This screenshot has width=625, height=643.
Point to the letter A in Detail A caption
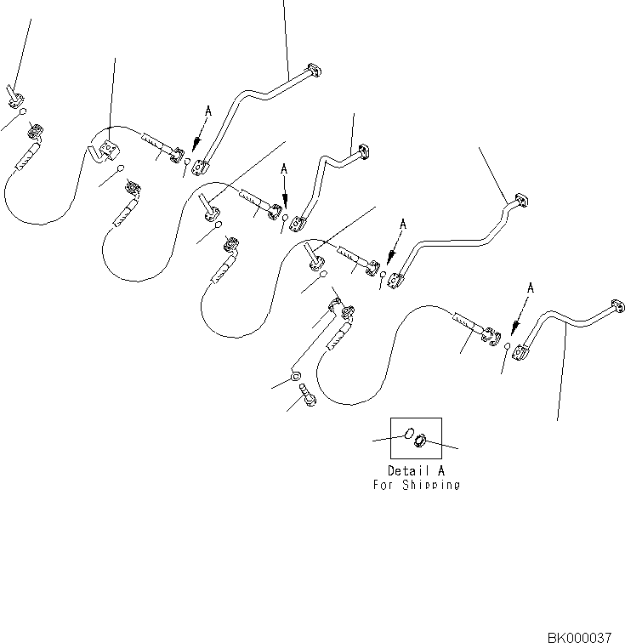440,470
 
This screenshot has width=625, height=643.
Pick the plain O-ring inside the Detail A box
407,435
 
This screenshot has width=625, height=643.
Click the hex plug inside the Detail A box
419,441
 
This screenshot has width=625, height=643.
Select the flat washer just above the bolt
293,376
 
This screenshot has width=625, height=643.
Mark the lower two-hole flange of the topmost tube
201,168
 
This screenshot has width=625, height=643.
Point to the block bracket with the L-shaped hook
105,152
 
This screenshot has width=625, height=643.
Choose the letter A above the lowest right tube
530,289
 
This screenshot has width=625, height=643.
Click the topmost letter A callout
207,111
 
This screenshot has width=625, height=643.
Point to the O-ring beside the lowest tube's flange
507,347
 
